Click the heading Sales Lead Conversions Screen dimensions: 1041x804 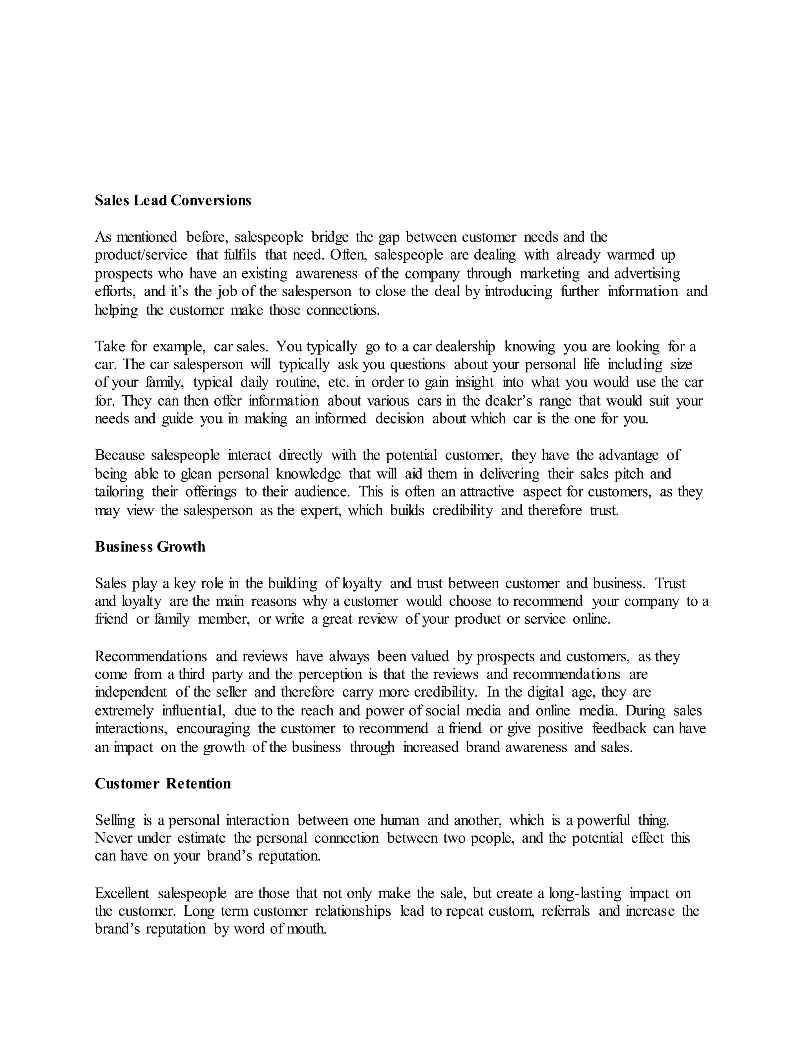[x=173, y=201]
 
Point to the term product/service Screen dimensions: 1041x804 [x=141, y=255]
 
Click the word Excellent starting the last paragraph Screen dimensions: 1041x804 [x=122, y=893]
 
